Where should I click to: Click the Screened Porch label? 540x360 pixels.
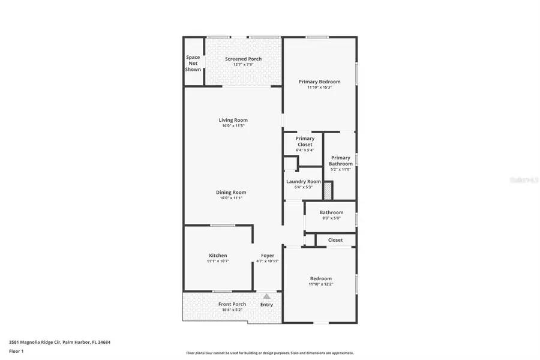pos(243,59)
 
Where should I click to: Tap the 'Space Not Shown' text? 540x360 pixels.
pos(193,63)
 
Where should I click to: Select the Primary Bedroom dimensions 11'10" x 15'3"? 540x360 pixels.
pos(319,88)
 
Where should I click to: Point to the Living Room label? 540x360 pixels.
pos(233,120)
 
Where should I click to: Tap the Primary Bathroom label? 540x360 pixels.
pos(341,161)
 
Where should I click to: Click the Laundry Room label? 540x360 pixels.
pos(303,181)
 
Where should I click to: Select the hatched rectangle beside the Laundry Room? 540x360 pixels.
pos(328,191)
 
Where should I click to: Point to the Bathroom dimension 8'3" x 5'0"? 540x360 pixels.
pos(331,218)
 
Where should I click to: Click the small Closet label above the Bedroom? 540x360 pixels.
pos(335,240)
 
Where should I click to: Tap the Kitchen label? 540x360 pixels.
pos(218,256)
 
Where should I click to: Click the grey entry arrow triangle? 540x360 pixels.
pos(266,296)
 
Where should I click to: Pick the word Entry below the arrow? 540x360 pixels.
pos(266,305)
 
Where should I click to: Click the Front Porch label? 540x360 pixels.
pos(232,304)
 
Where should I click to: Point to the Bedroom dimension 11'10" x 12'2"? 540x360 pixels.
pos(320,284)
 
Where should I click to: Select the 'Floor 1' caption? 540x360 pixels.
pos(16,351)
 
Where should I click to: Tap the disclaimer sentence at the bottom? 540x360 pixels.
pos(270,353)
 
